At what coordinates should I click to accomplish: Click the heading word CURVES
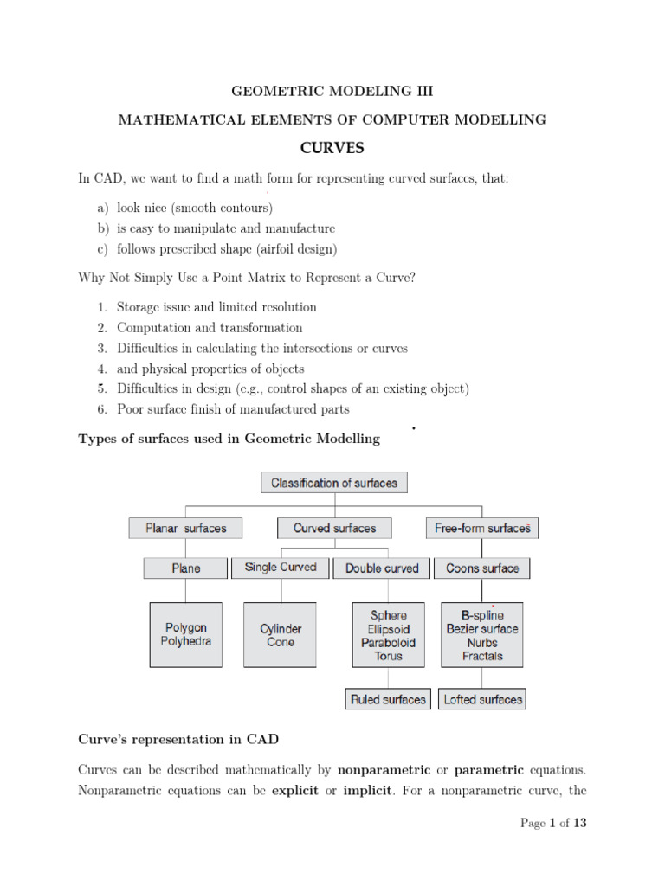(x=332, y=148)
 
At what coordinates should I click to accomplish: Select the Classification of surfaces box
(x=334, y=483)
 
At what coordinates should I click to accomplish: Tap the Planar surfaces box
(x=186, y=528)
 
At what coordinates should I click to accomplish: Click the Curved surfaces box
(x=334, y=528)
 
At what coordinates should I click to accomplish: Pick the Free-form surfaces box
(x=482, y=528)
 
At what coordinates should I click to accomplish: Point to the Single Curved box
(x=281, y=568)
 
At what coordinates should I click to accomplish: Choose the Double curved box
(x=382, y=568)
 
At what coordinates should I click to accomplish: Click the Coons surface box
(x=482, y=568)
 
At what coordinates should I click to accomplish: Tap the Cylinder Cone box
(x=281, y=635)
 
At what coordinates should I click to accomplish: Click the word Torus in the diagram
(x=388, y=657)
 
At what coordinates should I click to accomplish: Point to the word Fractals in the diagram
(x=482, y=657)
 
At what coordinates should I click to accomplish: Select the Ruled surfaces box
(x=388, y=699)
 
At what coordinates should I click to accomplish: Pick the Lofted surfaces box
(x=483, y=699)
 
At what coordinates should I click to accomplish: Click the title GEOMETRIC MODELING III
(x=332, y=90)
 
